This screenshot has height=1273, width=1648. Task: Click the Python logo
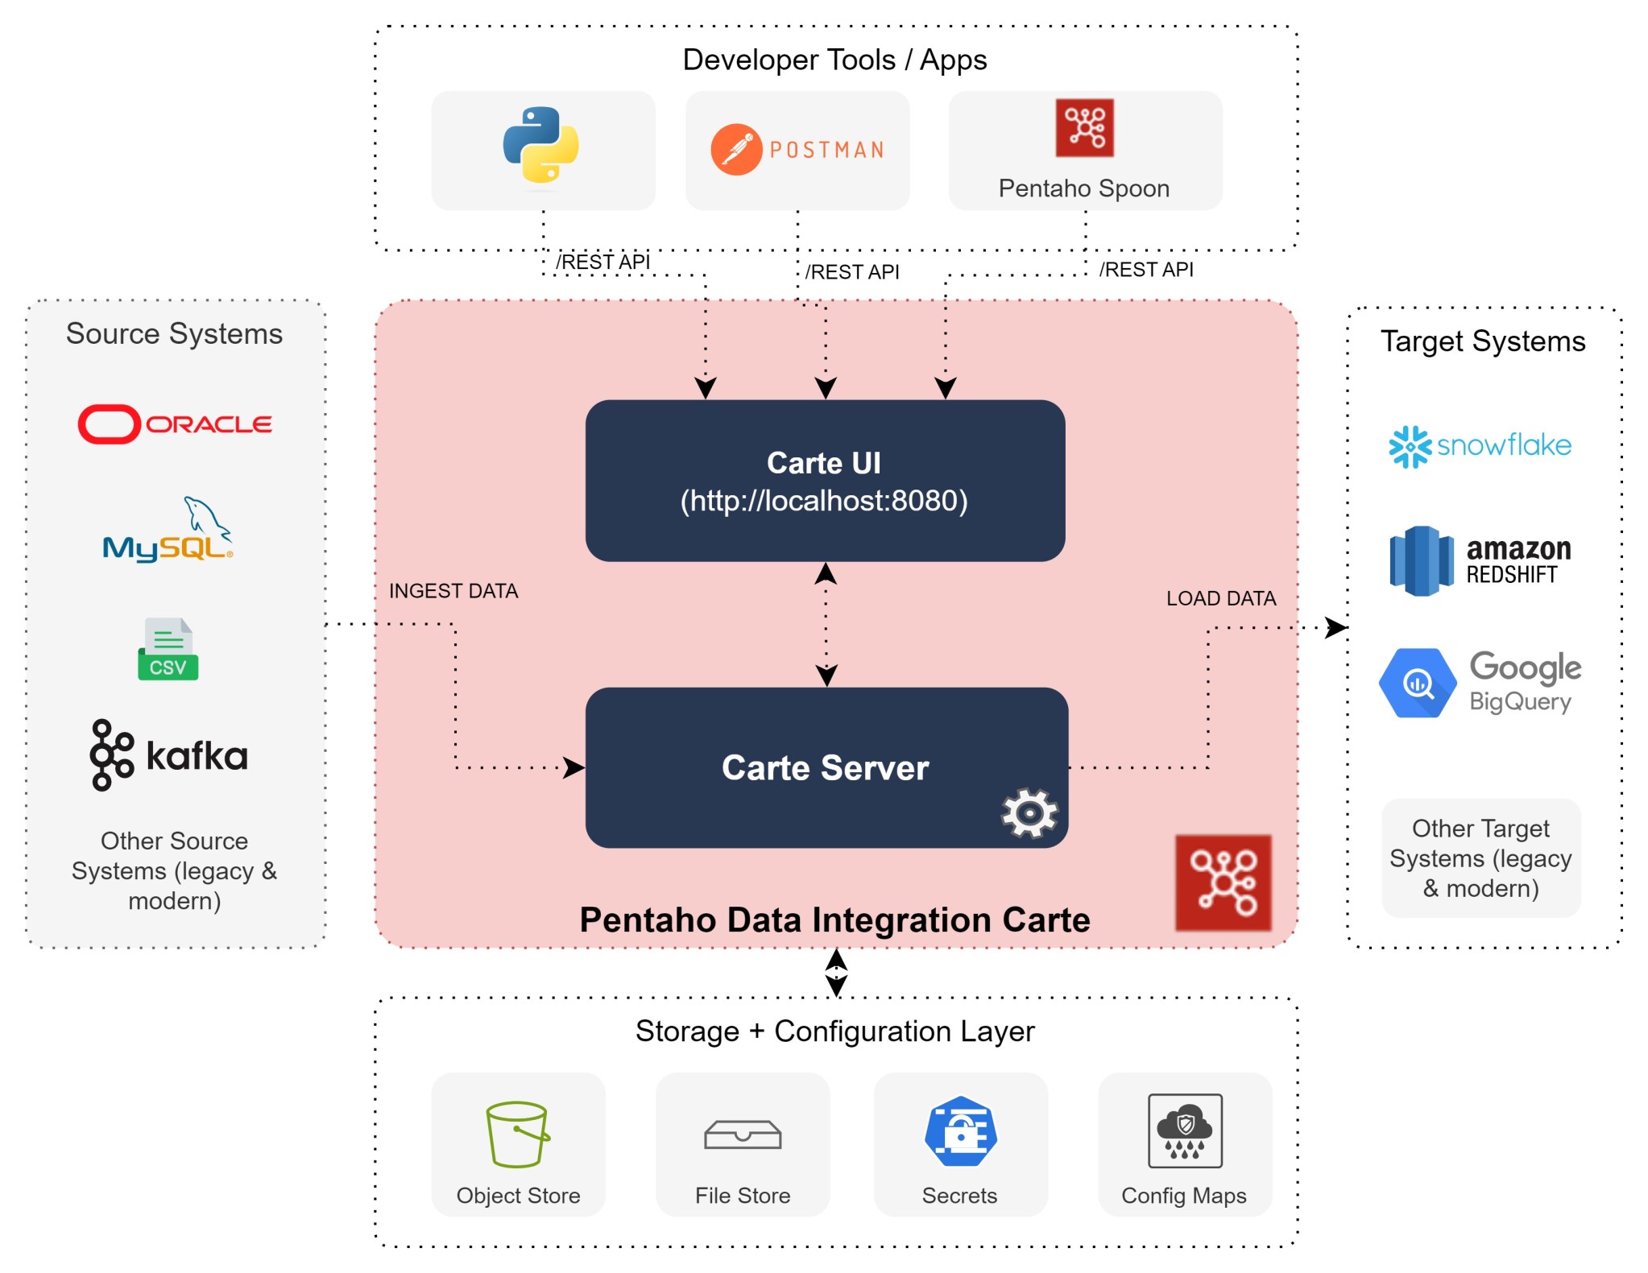540,145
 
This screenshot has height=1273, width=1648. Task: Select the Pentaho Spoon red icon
1084,128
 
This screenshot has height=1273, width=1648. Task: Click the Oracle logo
175,424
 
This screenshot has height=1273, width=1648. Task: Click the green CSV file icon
168,649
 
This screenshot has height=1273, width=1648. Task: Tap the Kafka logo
168,755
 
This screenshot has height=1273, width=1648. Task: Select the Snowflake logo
1480,446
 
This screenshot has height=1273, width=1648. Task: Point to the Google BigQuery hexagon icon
1417,684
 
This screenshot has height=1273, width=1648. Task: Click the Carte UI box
825,481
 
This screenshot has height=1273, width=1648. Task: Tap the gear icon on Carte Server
1029,813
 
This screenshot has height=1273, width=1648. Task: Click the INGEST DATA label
453,591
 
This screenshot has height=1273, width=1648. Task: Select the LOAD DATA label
1220,598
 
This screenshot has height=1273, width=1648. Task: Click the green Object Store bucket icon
517,1134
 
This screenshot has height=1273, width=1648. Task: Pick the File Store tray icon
742,1135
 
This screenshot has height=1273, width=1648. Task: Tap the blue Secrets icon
960,1131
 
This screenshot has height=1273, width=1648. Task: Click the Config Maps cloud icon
1184,1130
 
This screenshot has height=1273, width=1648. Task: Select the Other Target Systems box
1480,858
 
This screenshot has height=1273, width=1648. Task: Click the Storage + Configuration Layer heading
834,1031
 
